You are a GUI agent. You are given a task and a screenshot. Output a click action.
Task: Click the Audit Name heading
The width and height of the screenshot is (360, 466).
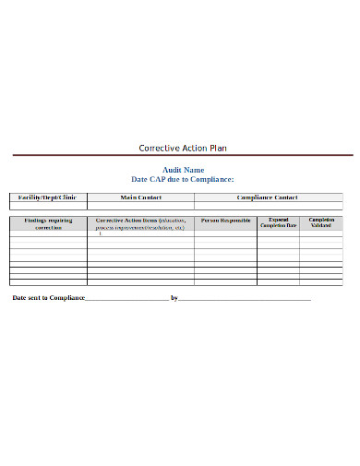coord(180,170)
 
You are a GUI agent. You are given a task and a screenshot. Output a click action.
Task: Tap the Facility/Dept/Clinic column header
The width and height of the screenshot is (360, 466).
coord(48,197)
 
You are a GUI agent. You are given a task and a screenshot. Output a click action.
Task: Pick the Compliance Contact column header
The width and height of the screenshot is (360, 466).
coord(268,197)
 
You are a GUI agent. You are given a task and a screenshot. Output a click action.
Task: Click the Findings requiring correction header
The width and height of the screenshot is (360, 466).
coord(48,224)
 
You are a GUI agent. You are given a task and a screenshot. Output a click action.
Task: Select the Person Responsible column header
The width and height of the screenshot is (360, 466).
coord(226,221)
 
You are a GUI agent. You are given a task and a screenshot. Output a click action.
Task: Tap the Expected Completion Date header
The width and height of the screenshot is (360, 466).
coord(279,223)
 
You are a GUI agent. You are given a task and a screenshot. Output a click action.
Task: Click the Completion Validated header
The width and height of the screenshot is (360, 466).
coord(322,223)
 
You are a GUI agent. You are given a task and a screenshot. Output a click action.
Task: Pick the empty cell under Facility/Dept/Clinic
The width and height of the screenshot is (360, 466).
coord(48,206)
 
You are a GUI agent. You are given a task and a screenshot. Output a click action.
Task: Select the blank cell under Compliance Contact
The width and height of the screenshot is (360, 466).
coord(268,206)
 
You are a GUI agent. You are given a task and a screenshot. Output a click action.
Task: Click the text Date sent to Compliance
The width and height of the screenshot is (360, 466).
coord(48,298)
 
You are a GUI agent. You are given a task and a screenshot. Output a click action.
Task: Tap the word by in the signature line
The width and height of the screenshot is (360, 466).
coord(174,298)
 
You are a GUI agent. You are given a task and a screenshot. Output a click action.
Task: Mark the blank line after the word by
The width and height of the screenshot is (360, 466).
coord(245,299)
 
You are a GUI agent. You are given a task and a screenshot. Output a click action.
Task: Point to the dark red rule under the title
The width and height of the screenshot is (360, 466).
coord(180,156)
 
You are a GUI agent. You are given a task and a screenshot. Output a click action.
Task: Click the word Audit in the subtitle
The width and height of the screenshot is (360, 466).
coord(171,170)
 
